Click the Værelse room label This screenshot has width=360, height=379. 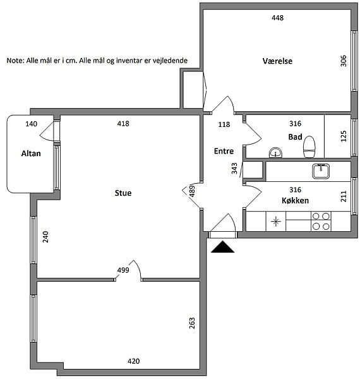(x=277, y=61)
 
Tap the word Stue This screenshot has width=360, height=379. (x=123, y=193)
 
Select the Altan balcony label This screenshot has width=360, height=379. (x=31, y=153)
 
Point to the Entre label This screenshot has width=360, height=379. (x=224, y=151)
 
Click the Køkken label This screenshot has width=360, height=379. (x=295, y=200)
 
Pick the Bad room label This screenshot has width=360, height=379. (x=295, y=137)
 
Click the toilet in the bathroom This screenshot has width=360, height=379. (x=309, y=147)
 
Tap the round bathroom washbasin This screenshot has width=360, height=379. (x=275, y=152)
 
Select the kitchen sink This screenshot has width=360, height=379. (x=321, y=171)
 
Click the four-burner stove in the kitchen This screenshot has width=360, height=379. (x=321, y=221)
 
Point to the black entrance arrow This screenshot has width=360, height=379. (x=222, y=247)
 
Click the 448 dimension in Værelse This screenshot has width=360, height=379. (x=278, y=18)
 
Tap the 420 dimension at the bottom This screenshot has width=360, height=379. (x=134, y=361)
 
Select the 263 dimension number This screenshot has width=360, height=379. (x=192, y=323)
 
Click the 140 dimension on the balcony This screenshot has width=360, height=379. (x=32, y=124)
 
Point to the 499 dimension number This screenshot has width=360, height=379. (x=123, y=270)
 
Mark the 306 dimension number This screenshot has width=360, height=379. (x=343, y=61)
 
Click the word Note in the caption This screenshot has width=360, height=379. (x=15, y=61)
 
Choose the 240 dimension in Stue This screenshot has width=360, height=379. (x=45, y=237)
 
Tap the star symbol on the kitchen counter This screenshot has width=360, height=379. (x=275, y=222)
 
